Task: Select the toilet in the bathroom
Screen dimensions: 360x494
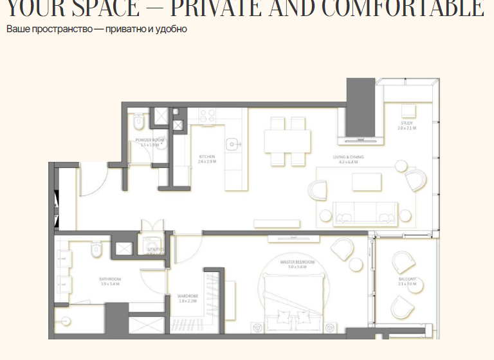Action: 96,249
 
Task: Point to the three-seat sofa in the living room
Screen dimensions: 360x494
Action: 365,212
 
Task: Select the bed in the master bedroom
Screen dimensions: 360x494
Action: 293,302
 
